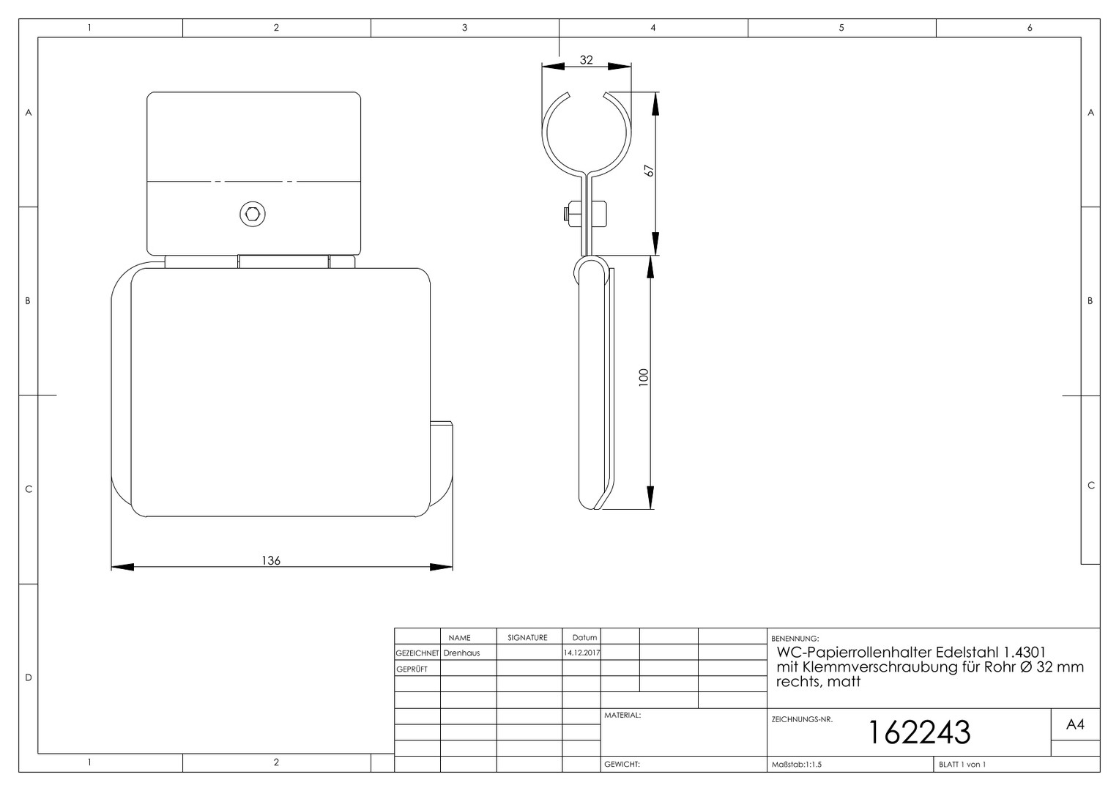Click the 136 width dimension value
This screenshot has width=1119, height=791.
[271, 560]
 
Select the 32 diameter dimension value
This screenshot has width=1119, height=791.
[586, 60]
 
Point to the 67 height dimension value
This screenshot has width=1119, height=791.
[649, 171]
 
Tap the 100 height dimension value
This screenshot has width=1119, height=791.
[644, 376]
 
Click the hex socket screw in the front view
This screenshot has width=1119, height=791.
[252, 215]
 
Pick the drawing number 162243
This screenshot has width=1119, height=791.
[920, 732]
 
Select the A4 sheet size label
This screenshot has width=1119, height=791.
[1075, 724]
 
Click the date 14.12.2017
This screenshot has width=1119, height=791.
[581, 653]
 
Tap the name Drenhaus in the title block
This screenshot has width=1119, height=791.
[461, 653]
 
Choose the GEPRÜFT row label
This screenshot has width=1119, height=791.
[412, 669]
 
